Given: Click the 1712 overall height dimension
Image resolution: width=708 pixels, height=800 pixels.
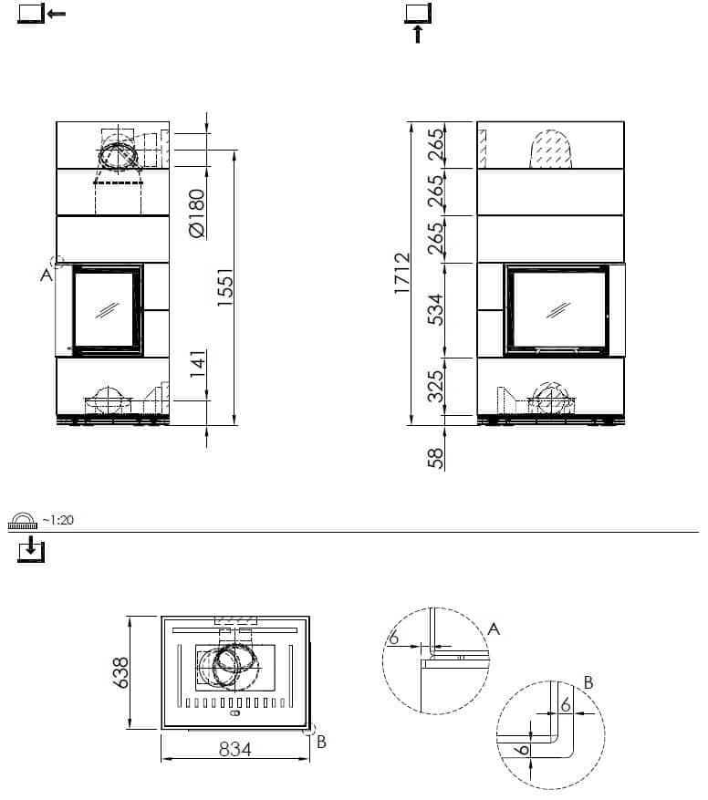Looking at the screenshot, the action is point(402,273).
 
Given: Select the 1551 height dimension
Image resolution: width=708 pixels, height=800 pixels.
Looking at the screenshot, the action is point(225,287).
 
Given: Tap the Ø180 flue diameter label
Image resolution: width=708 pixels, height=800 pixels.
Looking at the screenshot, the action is point(197,213).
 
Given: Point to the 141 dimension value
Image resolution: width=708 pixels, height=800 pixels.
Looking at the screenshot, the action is point(198,364).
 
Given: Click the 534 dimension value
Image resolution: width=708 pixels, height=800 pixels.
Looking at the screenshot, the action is point(436,310).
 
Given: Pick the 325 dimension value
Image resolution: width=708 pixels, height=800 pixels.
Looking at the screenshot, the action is point(436,386).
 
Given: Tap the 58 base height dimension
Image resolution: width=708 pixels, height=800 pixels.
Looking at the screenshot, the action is point(435,458).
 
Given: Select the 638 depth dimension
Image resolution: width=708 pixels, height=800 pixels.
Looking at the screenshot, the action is point(121,672).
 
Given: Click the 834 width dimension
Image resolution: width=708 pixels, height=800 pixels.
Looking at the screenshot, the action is point(235,750).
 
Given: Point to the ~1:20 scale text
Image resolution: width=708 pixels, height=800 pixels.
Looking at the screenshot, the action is point(57,520).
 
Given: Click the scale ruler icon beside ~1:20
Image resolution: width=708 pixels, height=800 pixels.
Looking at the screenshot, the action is point(23,520).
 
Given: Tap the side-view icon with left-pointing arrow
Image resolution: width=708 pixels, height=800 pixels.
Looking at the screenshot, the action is point(41,14).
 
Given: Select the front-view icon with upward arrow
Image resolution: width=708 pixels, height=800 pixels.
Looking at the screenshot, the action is point(418,23).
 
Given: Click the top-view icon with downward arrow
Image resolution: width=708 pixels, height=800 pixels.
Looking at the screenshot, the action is point(31,549).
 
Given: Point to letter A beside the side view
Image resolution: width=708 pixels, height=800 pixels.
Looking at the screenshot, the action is point(46,275).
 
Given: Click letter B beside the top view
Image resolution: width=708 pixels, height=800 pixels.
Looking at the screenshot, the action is point(321,742).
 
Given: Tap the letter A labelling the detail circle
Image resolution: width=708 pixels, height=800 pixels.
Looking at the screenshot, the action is point(494,629).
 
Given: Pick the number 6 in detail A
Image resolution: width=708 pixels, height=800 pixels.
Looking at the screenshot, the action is point(393,638).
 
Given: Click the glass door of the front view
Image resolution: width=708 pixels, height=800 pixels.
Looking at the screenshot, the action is point(557,310).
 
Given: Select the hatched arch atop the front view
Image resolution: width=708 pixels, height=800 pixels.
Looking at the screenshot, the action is point(551,150).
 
